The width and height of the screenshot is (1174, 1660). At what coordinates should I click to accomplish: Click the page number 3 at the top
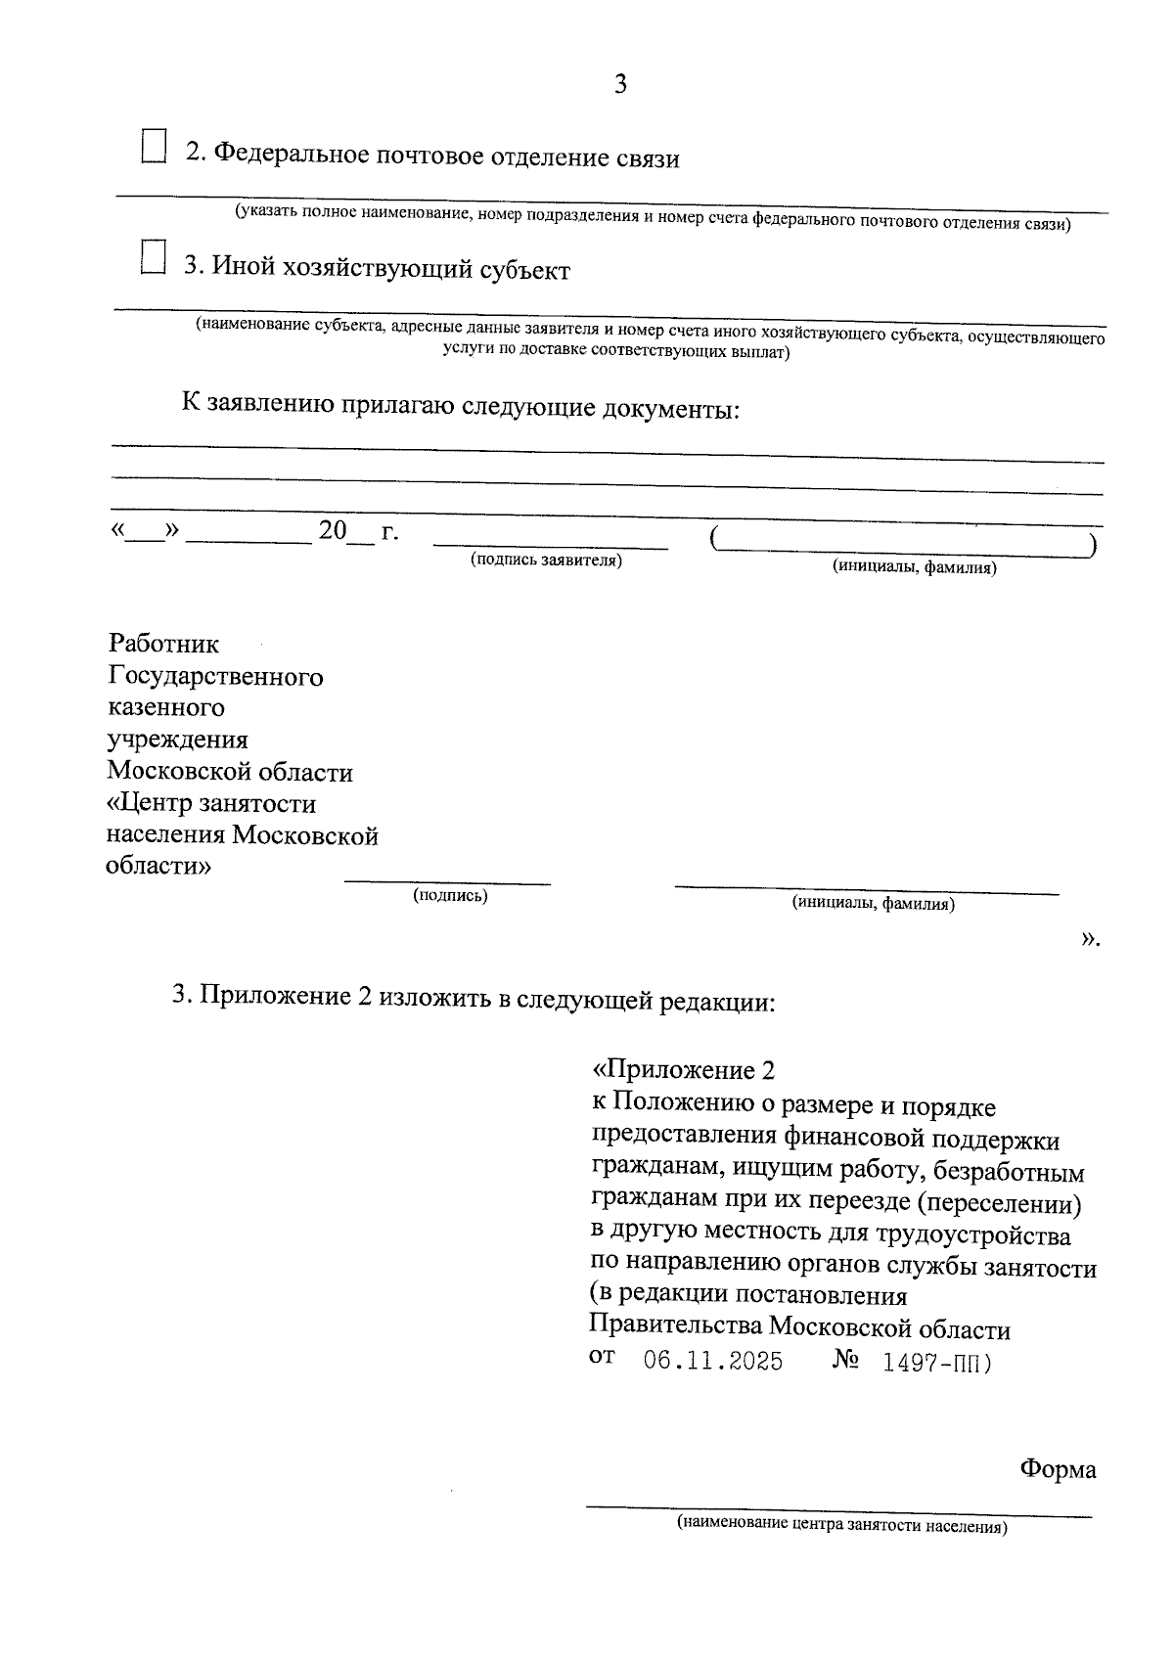click(620, 85)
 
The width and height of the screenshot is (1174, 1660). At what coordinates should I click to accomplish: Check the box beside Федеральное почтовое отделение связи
click(153, 146)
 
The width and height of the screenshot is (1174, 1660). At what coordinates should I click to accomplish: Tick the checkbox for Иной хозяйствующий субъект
click(153, 257)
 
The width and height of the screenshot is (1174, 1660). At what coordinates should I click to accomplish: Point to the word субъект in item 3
click(524, 270)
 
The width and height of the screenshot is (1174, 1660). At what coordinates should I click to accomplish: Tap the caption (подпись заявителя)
click(546, 560)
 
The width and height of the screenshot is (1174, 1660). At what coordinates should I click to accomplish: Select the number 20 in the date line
click(333, 531)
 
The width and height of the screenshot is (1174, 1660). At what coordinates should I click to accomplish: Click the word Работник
click(163, 644)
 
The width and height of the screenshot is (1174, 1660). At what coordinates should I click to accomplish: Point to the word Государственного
click(215, 676)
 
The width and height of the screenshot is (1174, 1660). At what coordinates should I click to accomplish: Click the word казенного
click(165, 707)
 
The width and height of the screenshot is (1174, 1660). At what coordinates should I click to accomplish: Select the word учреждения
click(177, 740)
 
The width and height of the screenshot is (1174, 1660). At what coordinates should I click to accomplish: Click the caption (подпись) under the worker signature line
click(450, 895)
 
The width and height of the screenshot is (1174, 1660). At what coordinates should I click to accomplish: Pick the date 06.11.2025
click(713, 1361)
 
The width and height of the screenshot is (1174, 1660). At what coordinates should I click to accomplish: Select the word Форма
click(1058, 1469)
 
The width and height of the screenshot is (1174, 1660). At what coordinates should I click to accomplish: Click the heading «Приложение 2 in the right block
click(691, 1069)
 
